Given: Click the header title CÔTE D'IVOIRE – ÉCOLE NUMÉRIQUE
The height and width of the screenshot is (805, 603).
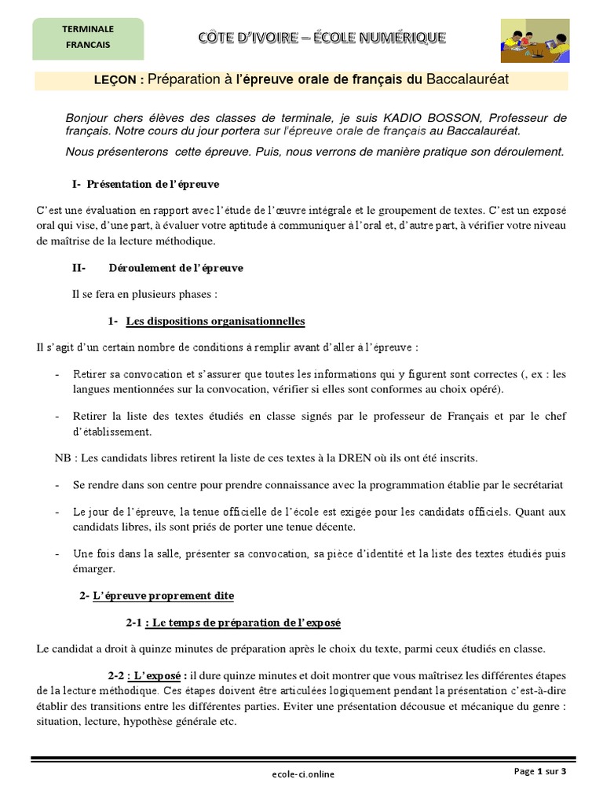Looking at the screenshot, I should pyautogui.click(x=321, y=36).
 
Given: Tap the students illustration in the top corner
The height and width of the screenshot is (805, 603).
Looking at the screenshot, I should pyautogui.click(x=538, y=39).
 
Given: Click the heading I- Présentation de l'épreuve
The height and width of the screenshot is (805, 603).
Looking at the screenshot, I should pyautogui.click(x=145, y=184).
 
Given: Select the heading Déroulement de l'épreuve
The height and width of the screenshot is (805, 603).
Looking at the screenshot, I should pyautogui.click(x=176, y=267).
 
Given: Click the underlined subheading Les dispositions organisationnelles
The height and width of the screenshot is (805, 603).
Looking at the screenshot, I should pyautogui.click(x=215, y=321).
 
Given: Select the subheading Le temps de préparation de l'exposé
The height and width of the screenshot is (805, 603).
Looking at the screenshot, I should pyautogui.click(x=246, y=623).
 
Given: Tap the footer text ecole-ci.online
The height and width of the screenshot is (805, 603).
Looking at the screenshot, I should pyautogui.click(x=298, y=774).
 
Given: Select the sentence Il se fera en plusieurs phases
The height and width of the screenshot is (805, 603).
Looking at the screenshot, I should pyautogui.click(x=143, y=294).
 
